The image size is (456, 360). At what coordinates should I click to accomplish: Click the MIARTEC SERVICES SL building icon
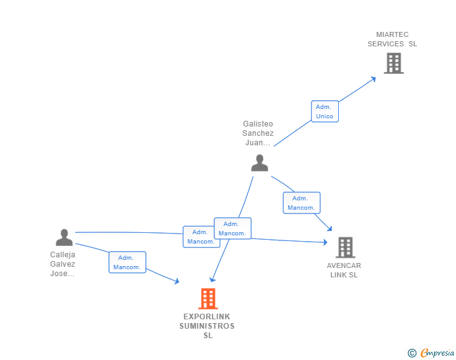(x=394, y=63)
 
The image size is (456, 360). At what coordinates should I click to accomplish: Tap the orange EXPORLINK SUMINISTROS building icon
(x=208, y=299)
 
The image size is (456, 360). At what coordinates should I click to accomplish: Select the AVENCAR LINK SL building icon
(x=346, y=247)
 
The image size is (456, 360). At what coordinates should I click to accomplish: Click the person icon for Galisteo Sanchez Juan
(x=260, y=163)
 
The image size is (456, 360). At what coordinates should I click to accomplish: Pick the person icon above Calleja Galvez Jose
(x=65, y=237)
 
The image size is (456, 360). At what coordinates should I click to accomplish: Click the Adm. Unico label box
(x=325, y=111)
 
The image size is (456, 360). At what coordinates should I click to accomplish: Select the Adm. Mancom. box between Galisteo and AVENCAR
(x=301, y=203)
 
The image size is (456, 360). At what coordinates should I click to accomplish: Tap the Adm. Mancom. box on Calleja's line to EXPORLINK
(x=127, y=262)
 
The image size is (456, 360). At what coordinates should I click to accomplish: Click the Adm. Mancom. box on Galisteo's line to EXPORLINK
(x=232, y=229)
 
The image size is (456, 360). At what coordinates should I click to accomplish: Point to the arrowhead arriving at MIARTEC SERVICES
(x=373, y=79)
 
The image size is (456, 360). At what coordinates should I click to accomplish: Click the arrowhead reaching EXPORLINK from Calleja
(x=176, y=281)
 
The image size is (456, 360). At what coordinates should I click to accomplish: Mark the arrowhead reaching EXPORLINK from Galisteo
(x=212, y=279)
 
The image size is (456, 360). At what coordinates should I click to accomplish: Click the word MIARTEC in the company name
(x=392, y=34)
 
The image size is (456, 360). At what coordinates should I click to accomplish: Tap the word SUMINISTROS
(x=207, y=326)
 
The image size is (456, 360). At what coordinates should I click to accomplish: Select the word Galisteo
(x=258, y=124)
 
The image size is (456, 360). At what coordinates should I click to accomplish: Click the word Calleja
(x=63, y=255)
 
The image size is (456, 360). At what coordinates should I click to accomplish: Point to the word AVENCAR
(x=344, y=265)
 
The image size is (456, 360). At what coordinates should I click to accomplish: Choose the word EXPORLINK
(x=207, y=316)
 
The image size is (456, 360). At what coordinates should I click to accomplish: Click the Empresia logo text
(x=437, y=352)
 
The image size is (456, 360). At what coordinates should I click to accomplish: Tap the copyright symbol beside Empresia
(x=412, y=353)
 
